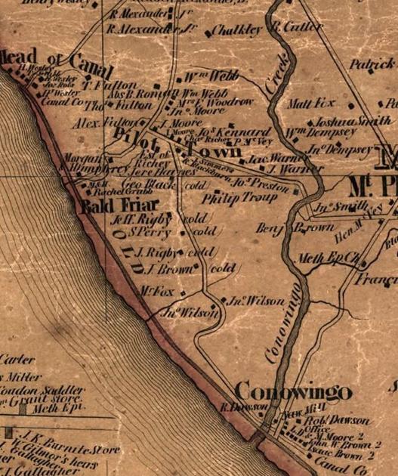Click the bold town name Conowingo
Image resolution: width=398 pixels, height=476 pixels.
coord(293,391)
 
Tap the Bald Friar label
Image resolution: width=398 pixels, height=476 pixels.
coord(110,205)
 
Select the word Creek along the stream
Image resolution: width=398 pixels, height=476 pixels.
coord(277,73)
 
